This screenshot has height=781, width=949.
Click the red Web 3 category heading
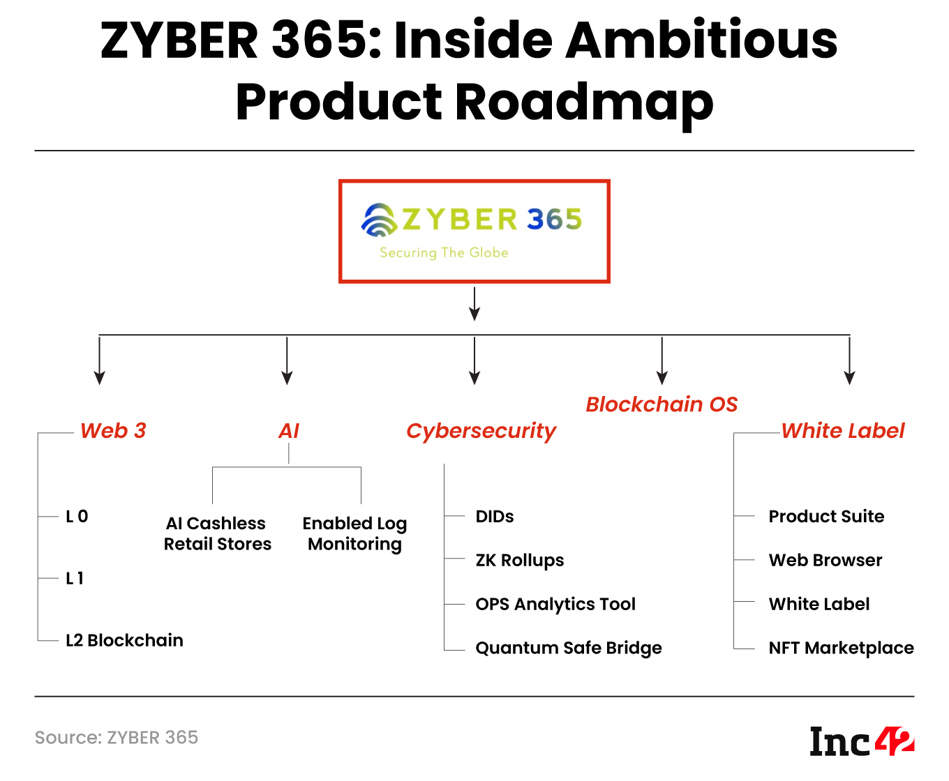coord(113,431)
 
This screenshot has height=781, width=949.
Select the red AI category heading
coord(288,431)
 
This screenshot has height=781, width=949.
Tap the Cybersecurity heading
coord(481,431)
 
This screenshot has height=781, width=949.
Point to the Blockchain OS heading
coord(661,404)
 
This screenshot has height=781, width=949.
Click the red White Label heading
coord(842,431)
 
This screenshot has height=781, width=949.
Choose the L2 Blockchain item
coord(124,640)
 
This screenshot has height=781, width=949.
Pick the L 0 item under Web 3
coord(77,517)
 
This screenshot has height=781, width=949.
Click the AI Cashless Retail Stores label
coord(217,533)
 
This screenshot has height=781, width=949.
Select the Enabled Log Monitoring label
coord(354,533)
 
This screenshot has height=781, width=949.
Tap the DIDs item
coord(494,517)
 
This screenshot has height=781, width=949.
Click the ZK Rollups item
coord(519,561)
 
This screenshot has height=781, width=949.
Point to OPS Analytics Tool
coord(555,605)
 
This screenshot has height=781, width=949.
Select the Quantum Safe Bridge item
coord(568,649)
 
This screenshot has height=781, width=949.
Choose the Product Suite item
coord(826,517)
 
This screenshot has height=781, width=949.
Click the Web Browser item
coord(825,561)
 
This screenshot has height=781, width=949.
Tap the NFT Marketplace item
coord(841,649)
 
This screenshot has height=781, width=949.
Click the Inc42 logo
coord(861,741)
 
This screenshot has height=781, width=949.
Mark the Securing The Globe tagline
coord(444,252)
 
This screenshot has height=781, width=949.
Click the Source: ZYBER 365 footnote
coord(117,738)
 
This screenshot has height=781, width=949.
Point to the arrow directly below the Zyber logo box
coord(474,304)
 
